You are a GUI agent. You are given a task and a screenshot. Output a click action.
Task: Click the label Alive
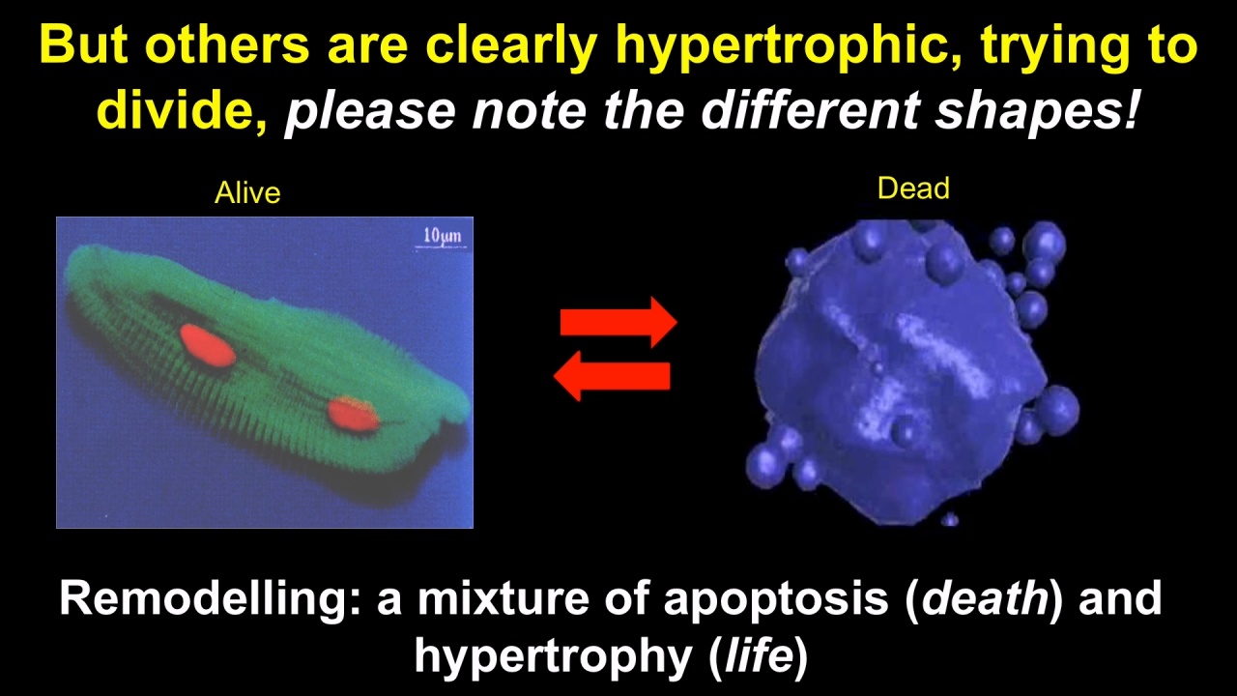247,192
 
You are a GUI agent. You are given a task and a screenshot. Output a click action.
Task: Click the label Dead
913,188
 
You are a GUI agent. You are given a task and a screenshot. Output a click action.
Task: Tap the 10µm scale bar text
442,236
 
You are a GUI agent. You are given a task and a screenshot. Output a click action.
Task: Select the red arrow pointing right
618,322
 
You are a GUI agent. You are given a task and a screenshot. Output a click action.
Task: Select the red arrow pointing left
612,376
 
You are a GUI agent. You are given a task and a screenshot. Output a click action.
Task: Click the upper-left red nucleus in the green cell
208,346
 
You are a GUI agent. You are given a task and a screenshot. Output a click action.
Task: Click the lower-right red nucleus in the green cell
353,414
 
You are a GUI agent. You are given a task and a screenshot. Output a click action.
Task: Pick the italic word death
985,598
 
